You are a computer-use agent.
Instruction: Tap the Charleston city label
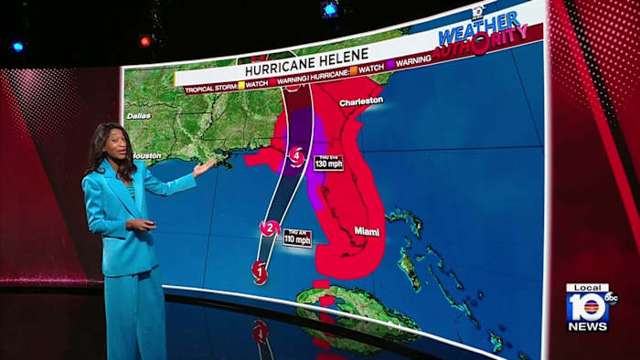360,101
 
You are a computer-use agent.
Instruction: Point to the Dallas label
139,116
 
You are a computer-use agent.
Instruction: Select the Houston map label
147,155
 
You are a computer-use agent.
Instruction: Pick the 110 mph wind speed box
296,238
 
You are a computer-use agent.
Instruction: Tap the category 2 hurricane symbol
270,228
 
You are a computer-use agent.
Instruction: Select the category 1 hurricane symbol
259,270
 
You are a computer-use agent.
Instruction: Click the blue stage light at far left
17,46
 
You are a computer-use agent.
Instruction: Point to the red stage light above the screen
144,41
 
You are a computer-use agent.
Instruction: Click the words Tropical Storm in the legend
208,90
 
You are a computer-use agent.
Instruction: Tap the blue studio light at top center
329,9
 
